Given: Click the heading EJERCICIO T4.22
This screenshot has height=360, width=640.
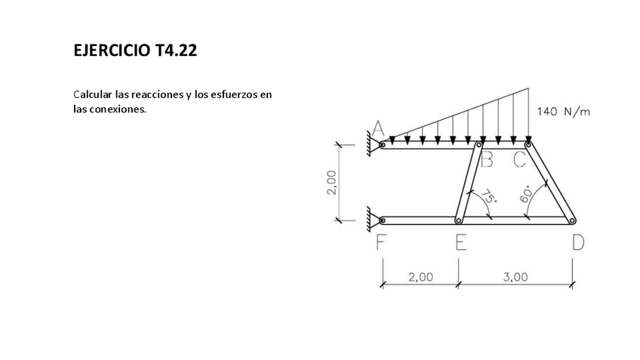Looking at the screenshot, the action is pos(136,51).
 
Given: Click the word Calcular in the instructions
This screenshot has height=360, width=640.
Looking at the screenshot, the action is pos(93,95).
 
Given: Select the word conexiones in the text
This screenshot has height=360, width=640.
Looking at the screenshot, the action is pos(115,109).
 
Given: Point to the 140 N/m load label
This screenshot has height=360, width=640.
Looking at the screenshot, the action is pos(564,112).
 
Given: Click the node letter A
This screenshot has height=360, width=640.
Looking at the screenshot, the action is pos(378,128).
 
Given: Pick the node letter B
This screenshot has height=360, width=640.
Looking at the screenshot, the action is pos(487,159).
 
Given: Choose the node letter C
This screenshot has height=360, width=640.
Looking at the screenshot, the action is pos(519,159).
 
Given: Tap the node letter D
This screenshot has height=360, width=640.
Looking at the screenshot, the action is pos(577,242).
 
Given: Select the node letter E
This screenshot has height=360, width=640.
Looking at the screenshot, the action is pos(460,242).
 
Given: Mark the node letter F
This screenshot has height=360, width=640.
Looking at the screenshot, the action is pos(381,242).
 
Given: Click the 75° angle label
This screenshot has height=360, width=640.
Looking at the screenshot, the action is pos(489,198).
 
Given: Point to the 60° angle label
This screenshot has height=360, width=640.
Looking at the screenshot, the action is pos(527,193).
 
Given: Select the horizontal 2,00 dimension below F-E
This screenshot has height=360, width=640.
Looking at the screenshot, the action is pos(420,277).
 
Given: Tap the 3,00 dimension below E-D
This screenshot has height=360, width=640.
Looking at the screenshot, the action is pos(515,277).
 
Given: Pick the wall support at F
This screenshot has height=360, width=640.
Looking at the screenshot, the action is pos(373,220).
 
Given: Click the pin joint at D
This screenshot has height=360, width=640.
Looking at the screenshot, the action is pos(572,220).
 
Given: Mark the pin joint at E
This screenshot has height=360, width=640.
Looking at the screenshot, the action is pos(458,220).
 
